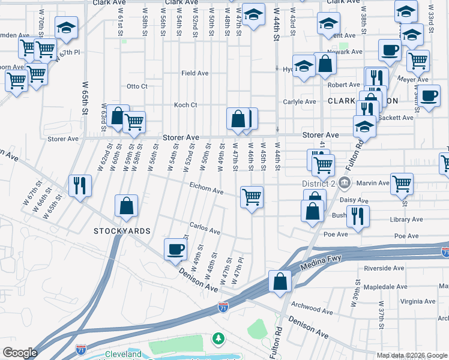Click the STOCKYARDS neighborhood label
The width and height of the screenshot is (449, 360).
pos(122,231)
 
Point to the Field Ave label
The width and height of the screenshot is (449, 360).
pos(195,73)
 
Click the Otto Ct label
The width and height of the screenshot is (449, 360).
pos(137,86)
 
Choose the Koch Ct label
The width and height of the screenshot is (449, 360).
pos(185,105)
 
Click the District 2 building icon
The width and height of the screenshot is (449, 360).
pos(345,182)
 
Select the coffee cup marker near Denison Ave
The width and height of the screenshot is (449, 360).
pos(176,250)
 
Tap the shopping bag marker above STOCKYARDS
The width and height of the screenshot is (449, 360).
pos(127,206)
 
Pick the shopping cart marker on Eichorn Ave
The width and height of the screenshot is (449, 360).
pos(252,196)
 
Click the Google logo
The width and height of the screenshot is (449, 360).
pos(20,353)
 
